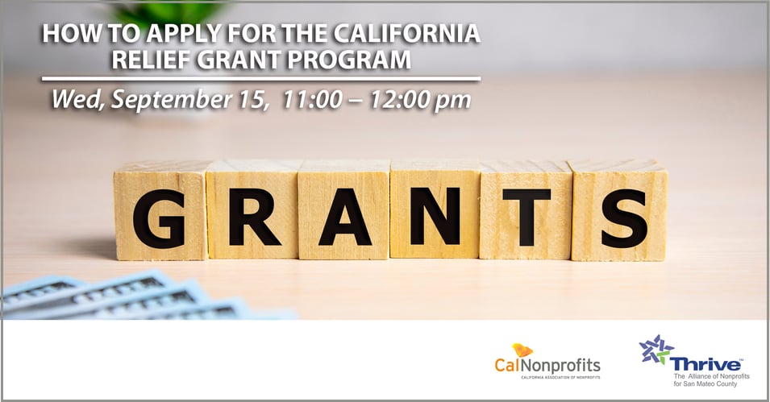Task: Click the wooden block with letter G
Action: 159,211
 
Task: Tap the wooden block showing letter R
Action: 252,211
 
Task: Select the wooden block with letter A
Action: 344,211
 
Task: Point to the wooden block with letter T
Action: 525,211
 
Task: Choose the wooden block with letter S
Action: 619,211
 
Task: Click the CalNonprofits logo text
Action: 547,364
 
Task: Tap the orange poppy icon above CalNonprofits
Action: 522,350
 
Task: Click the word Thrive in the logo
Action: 705,364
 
